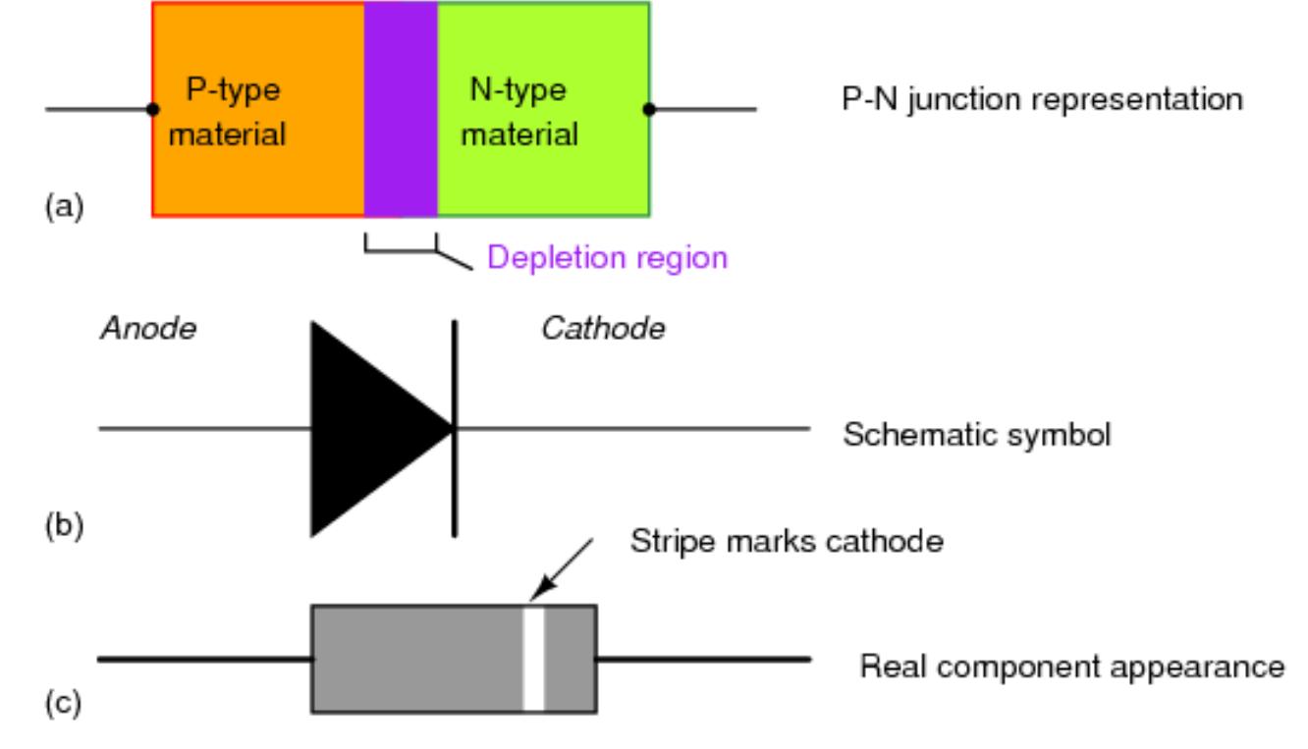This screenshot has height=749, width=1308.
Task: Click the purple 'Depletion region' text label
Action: [x=608, y=258]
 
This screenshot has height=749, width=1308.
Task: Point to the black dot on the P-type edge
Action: [x=152, y=109]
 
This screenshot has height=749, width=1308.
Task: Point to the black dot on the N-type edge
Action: [x=649, y=109]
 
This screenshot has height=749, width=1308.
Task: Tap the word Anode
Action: [x=147, y=329]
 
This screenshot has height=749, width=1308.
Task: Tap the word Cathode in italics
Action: [x=603, y=329]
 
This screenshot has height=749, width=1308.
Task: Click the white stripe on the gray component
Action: [x=533, y=659]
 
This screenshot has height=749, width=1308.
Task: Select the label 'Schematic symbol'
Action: [x=977, y=434]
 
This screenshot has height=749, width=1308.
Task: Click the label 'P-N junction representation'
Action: [x=1042, y=100]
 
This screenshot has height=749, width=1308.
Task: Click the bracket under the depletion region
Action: [x=401, y=252]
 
